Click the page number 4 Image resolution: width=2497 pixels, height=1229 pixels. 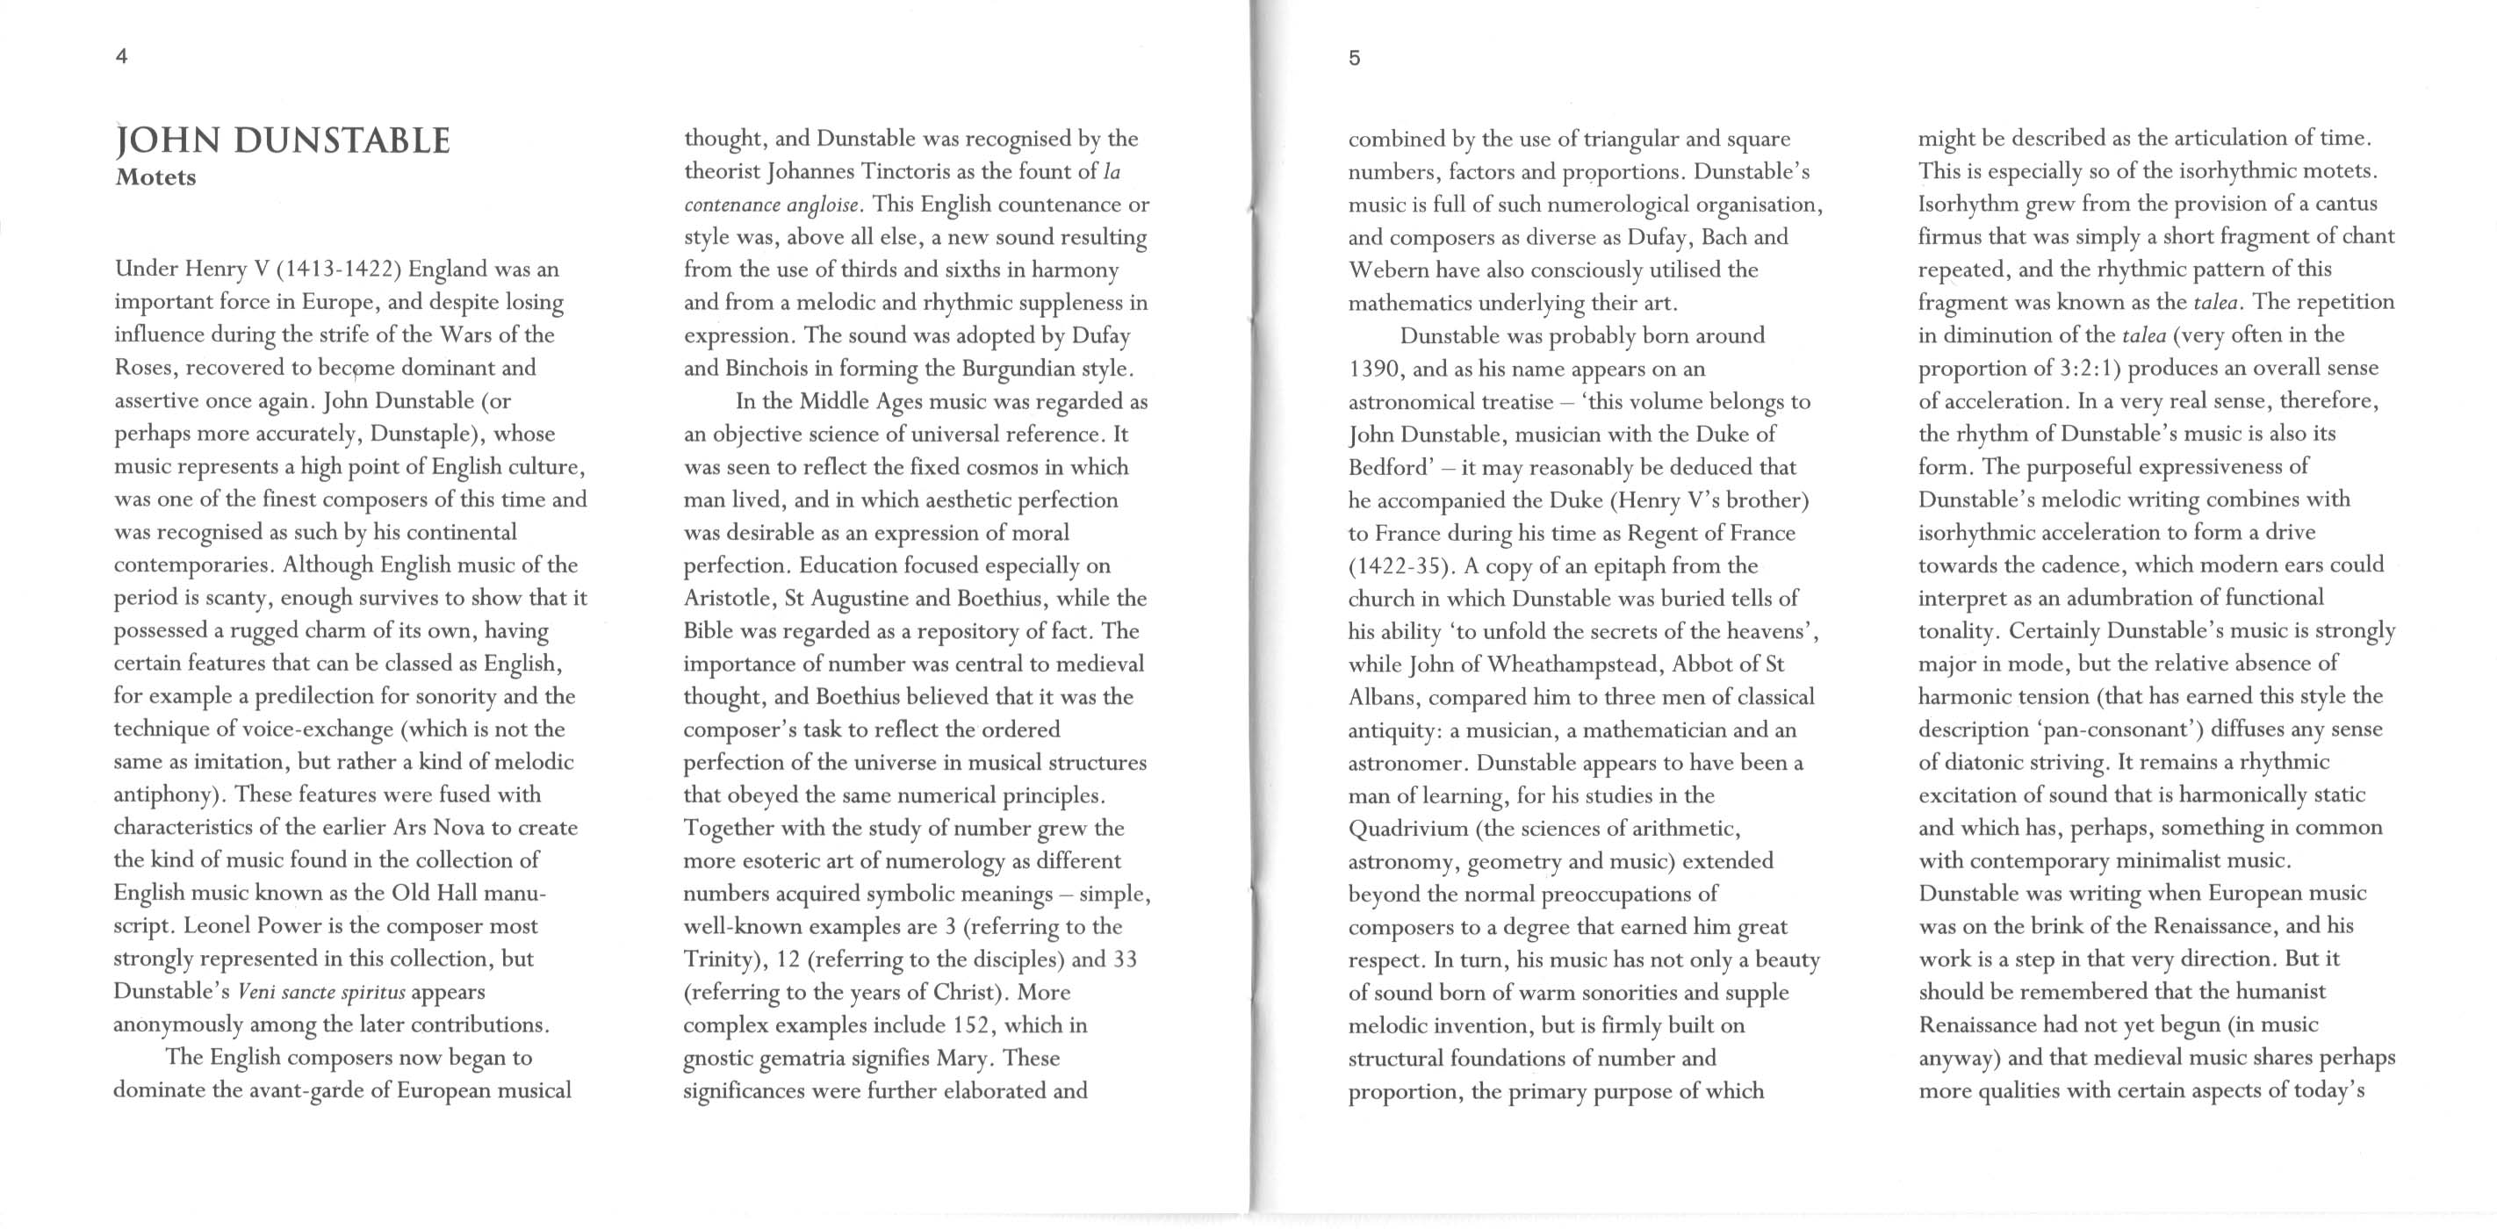pos(121,56)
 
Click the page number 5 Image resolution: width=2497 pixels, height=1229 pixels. pos(1354,58)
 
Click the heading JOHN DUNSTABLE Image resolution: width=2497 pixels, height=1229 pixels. pos(282,141)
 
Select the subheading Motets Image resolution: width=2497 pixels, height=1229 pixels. pos(155,177)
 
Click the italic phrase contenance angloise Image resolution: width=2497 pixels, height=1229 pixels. pos(773,205)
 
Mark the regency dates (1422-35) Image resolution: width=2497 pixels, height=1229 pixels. pos(1397,565)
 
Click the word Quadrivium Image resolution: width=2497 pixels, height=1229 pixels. pos(1409,829)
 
